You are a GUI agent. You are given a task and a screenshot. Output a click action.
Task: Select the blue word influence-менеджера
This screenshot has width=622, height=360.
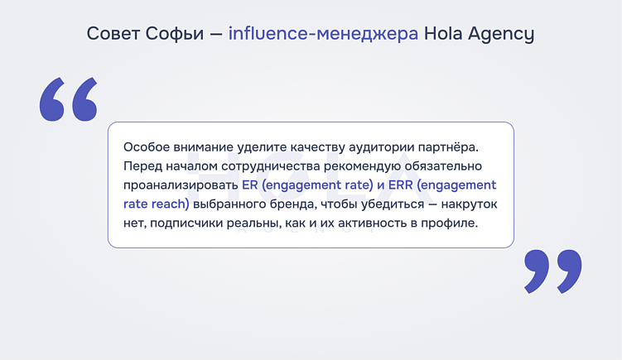323,34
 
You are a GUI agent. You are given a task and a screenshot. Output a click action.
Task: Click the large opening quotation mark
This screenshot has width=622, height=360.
69,99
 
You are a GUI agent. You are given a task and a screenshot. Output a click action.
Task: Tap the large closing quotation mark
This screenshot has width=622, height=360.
553,271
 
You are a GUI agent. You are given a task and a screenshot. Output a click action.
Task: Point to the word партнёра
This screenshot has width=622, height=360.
448,146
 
